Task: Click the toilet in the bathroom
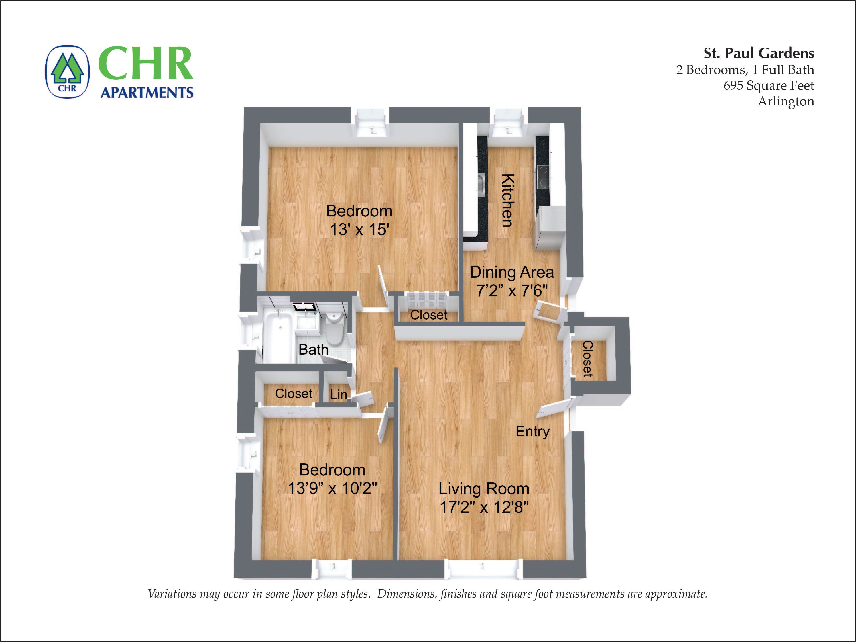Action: click(334, 328)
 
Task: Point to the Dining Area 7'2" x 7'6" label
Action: click(512, 281)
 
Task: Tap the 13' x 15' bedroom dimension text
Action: click(359, 230)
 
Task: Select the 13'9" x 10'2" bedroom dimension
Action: click(332, 488)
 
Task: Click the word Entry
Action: click(532, 431)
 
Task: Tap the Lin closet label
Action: click(338, 394)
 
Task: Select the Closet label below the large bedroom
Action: click(428, 315)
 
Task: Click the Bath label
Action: click(313, 349)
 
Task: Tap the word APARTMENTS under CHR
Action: click(147, 93)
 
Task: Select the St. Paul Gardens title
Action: click(759, 53)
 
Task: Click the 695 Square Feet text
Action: click(768, 85)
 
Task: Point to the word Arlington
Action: click(786, 101)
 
